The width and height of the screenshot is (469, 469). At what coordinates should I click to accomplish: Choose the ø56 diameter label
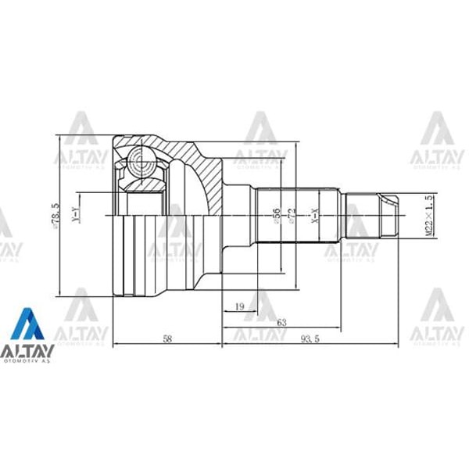[x=277, y=216]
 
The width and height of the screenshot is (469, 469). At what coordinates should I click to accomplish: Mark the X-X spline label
[x=316, y=217]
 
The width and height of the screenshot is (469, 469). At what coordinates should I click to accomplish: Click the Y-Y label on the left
[x=75, y=217]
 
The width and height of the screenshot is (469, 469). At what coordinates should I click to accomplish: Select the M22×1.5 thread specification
[x=428, y=217]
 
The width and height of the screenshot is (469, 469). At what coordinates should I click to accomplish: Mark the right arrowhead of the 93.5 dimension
[x=405, y=345]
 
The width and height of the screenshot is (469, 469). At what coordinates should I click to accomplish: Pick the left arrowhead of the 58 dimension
[x=115, y=345]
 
